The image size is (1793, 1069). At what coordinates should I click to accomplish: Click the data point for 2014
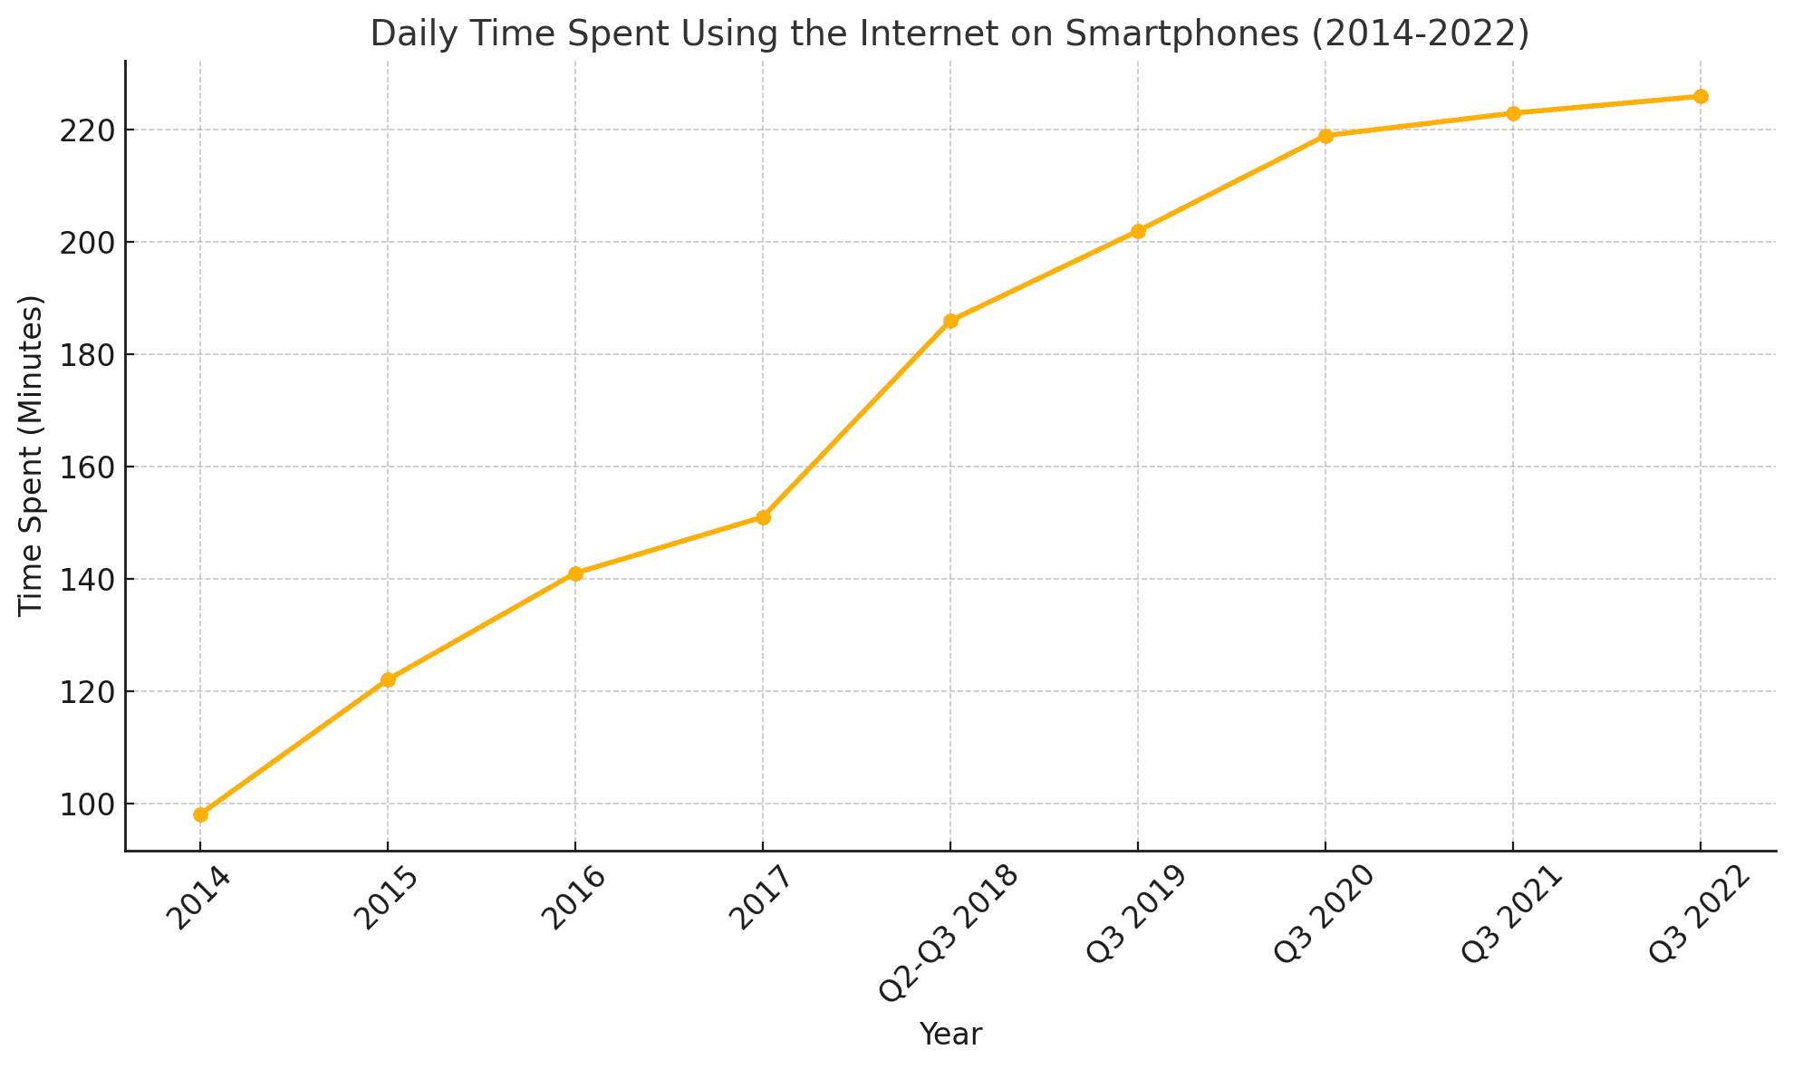coord(200,814)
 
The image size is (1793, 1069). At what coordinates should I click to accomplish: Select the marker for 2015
coord(388,679)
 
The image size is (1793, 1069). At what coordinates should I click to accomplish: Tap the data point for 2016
coord(575,573)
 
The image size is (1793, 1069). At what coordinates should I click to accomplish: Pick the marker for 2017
coord(763,517)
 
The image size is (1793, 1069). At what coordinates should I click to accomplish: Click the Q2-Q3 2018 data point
coord(950,321)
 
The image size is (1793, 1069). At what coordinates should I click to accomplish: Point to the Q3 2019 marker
coord(1138,231)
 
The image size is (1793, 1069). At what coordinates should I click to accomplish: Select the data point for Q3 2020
coord(1325,136)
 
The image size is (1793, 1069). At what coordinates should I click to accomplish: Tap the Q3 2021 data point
coord(1513,113)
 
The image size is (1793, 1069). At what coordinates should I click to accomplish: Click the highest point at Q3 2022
coord(1701,96)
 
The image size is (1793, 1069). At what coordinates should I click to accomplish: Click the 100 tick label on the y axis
coord(85,804)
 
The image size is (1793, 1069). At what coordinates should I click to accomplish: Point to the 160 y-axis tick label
coord(85,467)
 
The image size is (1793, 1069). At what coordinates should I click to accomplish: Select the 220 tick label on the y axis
coord(85,130)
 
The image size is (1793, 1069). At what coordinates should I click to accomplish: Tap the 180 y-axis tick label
coord(85,355)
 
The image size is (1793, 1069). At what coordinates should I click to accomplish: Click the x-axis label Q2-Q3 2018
coord(950,932)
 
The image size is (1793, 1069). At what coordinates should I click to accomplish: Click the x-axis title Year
coord(950,1035)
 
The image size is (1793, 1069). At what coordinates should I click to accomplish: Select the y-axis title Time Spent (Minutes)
coord(32,456)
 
